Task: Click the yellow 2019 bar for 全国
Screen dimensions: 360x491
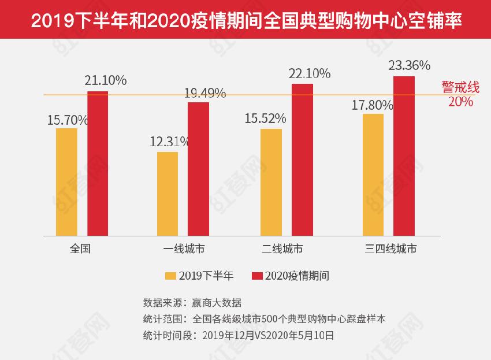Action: click(x=66, y=181)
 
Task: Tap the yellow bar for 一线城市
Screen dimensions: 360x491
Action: click(x=168, y=194)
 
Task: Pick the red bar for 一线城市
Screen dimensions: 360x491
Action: click(x=198, y=169)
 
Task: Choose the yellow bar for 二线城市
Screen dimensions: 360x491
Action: click(x=271, y=182)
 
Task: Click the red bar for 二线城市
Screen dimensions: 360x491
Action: click(x=302, y=159)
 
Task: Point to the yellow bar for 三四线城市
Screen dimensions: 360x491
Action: click(x=373, y=175)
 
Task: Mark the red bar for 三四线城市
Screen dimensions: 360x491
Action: click(x=404, y=156)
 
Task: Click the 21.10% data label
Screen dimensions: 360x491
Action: click(x=105, y=81)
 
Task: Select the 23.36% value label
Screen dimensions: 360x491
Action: click(x=409, y=65)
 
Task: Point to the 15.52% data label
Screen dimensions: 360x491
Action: click(x=265, y=118)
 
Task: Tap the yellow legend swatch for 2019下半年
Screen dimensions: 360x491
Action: click(x=170, y=276)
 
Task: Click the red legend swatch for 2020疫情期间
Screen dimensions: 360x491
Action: click(x=257, y=276)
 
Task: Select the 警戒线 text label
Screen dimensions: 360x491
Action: click(x=460, y=88)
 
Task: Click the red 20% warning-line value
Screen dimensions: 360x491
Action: click(x=460, y=102)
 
